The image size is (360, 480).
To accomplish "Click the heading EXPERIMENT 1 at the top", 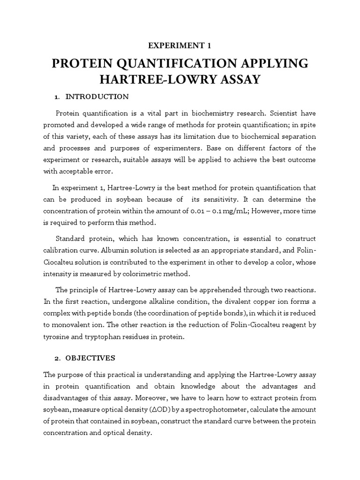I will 180,45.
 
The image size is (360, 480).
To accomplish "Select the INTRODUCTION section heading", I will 97,97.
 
